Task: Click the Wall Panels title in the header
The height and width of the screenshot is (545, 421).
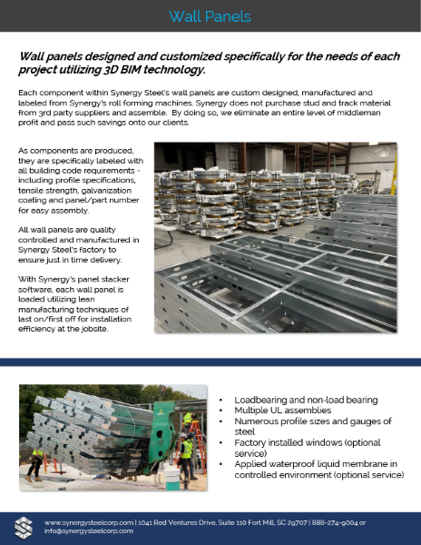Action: coord(210,16)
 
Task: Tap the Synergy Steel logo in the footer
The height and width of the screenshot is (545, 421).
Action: coord(24,526)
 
